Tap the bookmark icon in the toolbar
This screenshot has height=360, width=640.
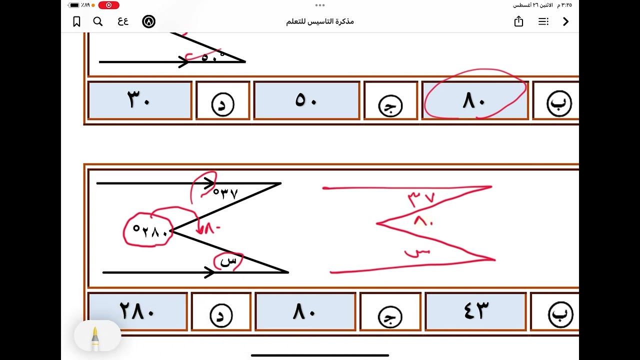[x=76, y=21]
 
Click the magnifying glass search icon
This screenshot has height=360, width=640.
[x=98, y=21]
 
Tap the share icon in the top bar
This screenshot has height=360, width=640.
[x=518, y=21]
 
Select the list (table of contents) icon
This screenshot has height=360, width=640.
[x=543, y=21]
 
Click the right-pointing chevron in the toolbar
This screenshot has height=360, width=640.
[x=566, y=21]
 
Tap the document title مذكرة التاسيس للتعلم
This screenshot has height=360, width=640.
[x=320, y=21]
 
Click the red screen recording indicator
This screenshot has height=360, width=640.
[x=108, y=5]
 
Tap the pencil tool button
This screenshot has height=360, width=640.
[x=95, y=336]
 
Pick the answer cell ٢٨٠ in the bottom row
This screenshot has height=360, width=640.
[x=137, y=311]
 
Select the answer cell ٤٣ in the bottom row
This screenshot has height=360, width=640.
[x=475, y=311]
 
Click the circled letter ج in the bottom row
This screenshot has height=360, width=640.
[x=390, y=316]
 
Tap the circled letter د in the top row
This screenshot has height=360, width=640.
[x=223, y=104]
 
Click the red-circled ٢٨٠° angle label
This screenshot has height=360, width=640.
[x=148, y=231]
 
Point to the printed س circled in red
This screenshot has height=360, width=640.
[x=228, y=261]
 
